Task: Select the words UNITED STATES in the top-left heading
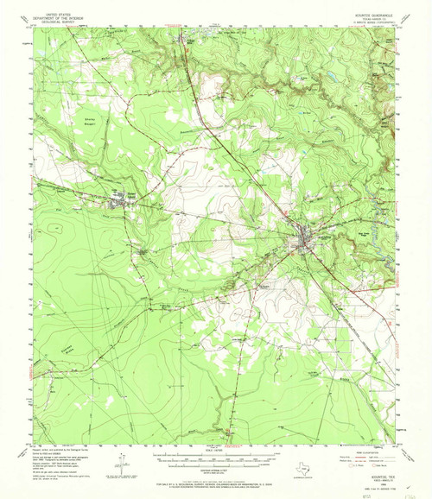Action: (x=50, y=15)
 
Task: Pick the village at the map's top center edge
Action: (x=184, y=38)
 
